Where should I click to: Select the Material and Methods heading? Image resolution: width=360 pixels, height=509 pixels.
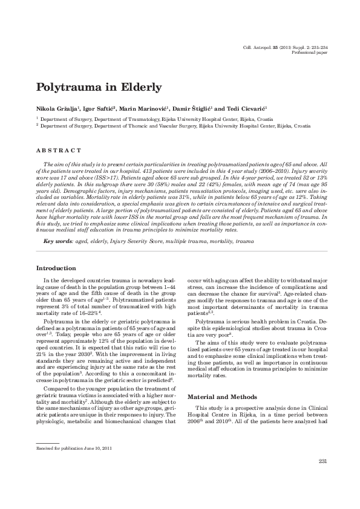click(221, 380)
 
